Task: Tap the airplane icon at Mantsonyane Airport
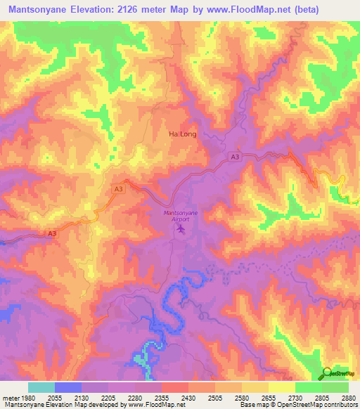click(x=182, y=228)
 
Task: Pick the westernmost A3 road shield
click(x=52, y=234)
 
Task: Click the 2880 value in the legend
click(x=348, y=397)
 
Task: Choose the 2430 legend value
click(x=188, y=397)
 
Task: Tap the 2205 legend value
click(x=108, y=397)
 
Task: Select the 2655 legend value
click(x=268, y=397)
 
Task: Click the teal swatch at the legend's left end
click(x=41, y=387)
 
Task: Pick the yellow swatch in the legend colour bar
click(x=281, y=387)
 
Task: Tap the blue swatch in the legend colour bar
click(x=67, y=387)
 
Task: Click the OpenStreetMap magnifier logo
click(x=328, y=373)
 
